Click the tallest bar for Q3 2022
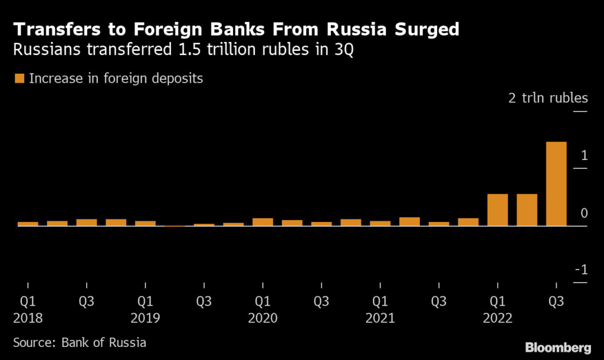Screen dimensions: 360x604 (x=556, y=184)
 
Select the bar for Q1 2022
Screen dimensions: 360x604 (x=497, y=210)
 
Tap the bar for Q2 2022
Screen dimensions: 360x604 (x=527, y=210)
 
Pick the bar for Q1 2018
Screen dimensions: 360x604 (x=28, y=224)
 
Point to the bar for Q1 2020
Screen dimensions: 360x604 (x=262, y=222)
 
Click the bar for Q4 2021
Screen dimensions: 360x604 (x=468, y=222)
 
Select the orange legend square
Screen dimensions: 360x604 (x=19, y=78)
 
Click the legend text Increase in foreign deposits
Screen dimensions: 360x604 (x=116, y=78)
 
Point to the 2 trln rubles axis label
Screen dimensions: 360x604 (x=548, y=98)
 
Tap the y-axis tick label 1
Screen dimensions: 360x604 (x=583, y=156)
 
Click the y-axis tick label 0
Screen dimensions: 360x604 (x=583, y=213)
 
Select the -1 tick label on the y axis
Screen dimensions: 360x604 (x=581, y=270)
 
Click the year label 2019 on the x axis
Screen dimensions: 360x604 (x=145, y=319)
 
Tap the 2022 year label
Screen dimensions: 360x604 (x=497, y=319)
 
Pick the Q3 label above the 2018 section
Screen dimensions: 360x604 (x=87, y=302)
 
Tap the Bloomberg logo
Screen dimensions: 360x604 (x=557, y=347)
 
